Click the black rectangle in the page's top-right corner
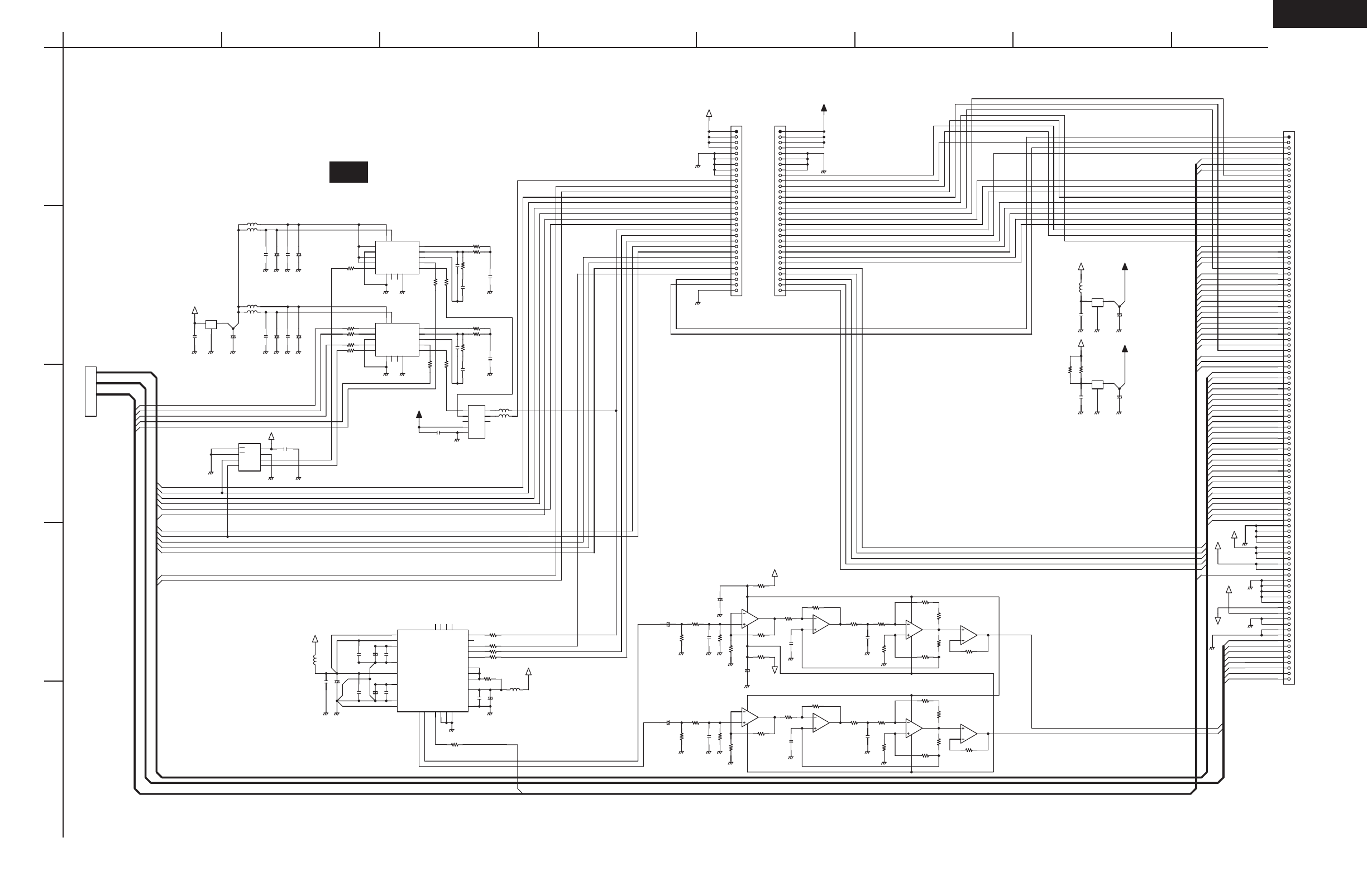[1320, 13]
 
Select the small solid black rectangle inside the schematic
[348, 172]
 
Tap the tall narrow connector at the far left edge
[90, 391]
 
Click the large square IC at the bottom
[433, 670]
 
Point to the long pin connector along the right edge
[1289, 407]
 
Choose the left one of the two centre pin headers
[736, 211]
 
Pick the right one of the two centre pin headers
[780, 211]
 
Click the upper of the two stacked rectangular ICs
[397, 258]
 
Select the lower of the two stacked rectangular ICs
[397, 340]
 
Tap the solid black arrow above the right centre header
[824, 107]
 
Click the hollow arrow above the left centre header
[709, 113]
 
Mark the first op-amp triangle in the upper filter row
[749, 619]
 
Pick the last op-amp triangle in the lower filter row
[968, 733]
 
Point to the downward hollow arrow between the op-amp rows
[775, 669]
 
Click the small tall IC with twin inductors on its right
[476, 422]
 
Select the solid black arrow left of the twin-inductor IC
[419, 413]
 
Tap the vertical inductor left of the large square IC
[314, 660]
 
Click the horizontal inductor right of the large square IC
[515, 689]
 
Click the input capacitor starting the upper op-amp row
[668, 624]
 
